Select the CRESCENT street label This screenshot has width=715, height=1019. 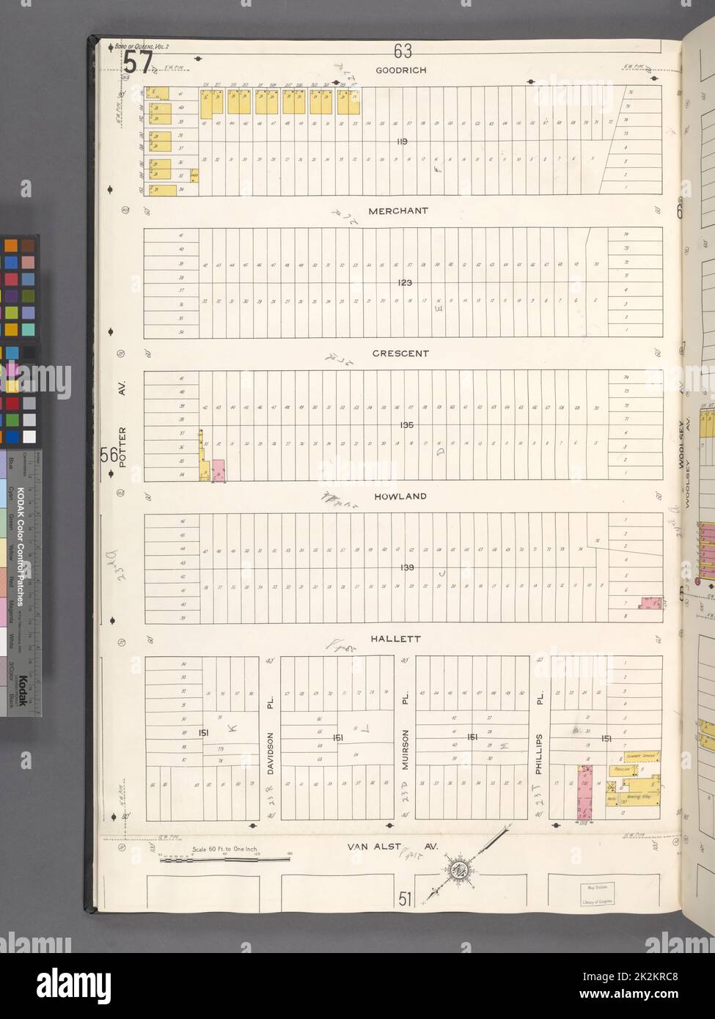coord(400,353)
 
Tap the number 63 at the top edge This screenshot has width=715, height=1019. coord(403,51)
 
